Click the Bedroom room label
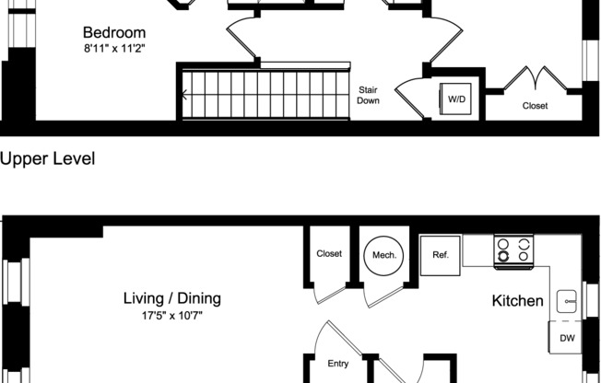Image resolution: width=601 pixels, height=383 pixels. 114,31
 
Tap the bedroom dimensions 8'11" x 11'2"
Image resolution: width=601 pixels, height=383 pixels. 114,49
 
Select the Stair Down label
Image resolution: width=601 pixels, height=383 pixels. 368,95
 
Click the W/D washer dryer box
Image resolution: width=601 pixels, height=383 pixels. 456,99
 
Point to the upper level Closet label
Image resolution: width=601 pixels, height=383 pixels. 535,106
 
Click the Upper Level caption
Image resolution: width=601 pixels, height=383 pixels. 48,158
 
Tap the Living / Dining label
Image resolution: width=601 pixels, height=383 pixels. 172,298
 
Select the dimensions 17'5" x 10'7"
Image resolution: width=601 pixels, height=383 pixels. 172,316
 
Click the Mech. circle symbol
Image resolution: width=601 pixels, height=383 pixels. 383,255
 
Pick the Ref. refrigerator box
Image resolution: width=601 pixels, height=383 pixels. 440,255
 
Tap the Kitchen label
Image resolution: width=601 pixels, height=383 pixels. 517,301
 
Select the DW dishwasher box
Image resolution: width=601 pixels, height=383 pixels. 567,338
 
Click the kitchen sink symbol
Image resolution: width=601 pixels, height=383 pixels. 569,300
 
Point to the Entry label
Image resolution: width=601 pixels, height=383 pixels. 338,365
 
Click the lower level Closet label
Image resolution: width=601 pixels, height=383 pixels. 329,253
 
